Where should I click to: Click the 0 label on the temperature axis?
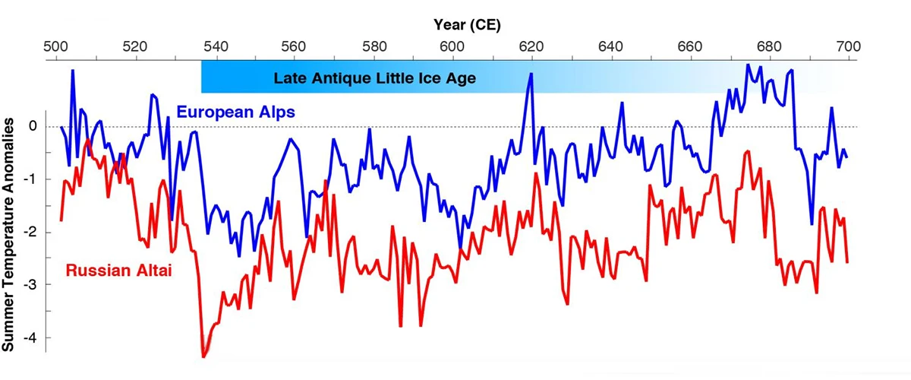33,126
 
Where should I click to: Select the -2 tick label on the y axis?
30,232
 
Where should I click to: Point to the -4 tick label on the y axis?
30,337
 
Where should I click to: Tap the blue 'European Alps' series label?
235,112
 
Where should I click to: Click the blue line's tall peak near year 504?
73,70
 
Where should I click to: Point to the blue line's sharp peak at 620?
531,74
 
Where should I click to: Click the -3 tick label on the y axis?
30,285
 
